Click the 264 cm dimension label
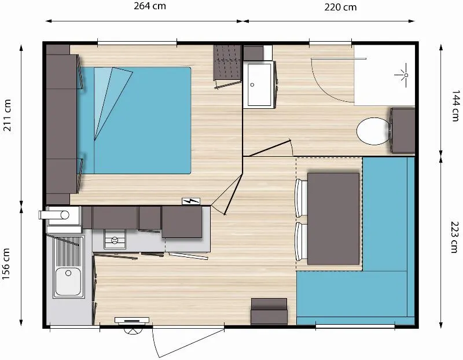(150, 6)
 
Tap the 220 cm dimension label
(340, 7)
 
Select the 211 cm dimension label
(7, 115)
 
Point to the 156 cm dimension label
(6, 264)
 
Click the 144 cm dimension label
(455, 106)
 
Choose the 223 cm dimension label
(455, 237)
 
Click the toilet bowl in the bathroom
(373, 131)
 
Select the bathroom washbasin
(259, 85)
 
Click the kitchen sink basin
(68, 282)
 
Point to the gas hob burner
(115, 240)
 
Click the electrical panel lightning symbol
(191, 201)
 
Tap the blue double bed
(134, 120)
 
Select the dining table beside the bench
(333, 219)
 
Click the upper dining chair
(301, 198)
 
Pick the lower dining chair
(301, 241)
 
